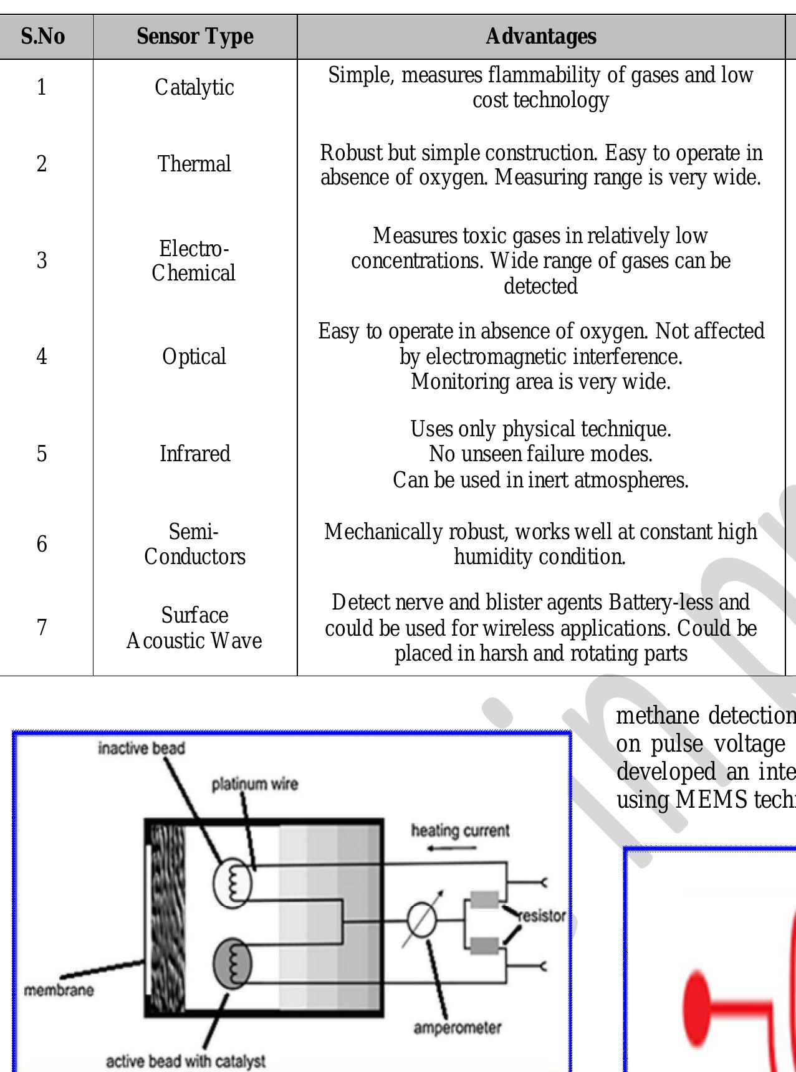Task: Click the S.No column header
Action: click(x=42, y=37)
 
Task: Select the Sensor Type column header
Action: click(x=194, y=37)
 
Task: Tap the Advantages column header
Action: click(x=540, y=37)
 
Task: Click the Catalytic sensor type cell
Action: click(x=194, y=87)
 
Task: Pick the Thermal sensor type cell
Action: click(x=194, y=164)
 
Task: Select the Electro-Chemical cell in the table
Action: click(x=194, y=261)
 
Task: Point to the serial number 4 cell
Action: click(x=42, y=357)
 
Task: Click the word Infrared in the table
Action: click(x=194, y=453)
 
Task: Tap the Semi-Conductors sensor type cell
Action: click(x=194, y=544)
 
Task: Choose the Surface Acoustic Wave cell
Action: click(x=194, y=628)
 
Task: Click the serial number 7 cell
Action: click(x=42, y=628)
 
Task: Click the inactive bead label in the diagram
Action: click(x=141, y=748)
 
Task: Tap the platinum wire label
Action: click(x=254, y=783)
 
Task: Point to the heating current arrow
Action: click(x=462, y=848)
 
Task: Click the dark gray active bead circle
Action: click(x=233, y=963)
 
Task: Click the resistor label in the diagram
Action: click(x=541, y=916)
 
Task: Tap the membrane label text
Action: click(x=59, y=990)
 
